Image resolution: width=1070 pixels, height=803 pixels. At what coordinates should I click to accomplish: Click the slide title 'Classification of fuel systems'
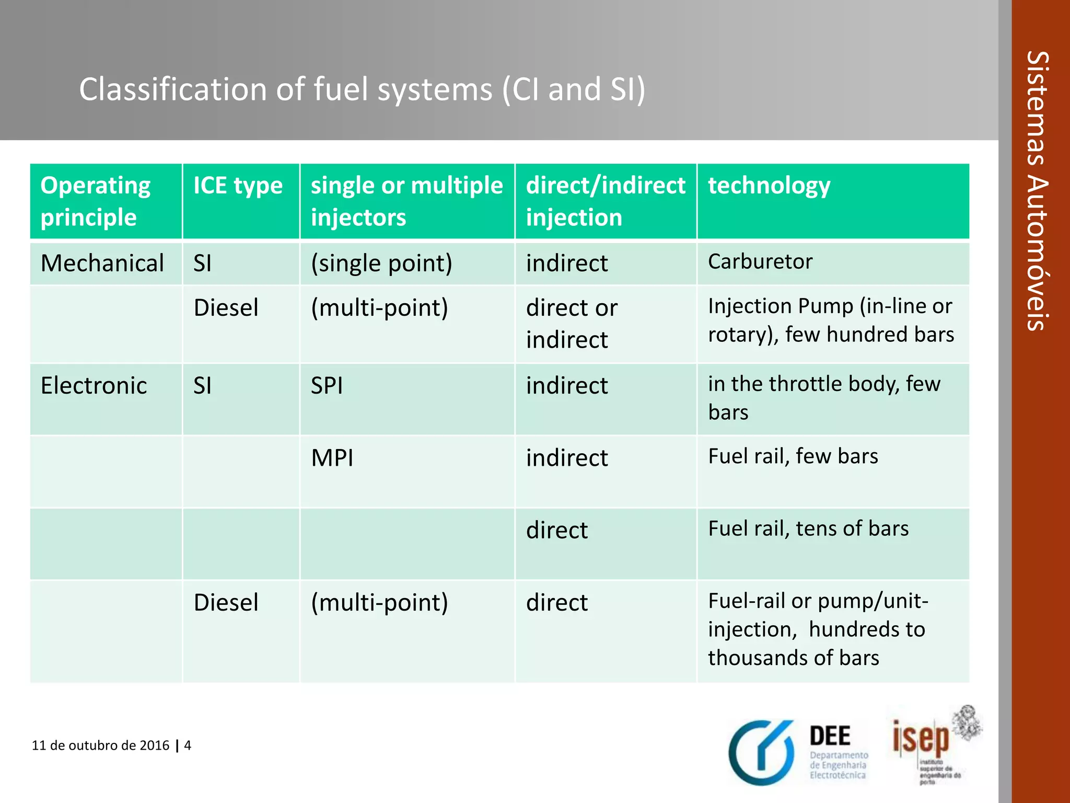362,89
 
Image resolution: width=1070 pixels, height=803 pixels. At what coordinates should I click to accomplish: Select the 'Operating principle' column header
96,201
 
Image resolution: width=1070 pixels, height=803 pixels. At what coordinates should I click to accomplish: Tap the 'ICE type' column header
238,186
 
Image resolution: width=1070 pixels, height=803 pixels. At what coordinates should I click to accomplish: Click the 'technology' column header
769,186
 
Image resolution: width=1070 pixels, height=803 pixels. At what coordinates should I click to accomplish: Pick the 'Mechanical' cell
102,263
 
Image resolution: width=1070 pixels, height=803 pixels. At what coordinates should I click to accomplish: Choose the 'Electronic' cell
94,386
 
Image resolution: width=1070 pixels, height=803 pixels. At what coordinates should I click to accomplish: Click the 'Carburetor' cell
760,261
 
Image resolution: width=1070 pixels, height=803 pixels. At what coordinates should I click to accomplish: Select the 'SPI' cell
327,386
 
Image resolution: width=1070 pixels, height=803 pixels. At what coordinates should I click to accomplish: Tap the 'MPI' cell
332,458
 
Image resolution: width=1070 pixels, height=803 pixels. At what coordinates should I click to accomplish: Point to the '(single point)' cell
381,263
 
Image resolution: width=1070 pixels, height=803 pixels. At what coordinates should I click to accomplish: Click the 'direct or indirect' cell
572,324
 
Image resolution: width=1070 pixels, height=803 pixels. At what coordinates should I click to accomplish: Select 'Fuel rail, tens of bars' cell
808,529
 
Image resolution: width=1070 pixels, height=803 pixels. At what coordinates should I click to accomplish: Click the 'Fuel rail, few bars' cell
793,456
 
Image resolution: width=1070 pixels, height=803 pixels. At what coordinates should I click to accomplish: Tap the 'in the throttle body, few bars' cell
824,398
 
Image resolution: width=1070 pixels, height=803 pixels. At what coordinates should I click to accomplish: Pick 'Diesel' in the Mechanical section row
226,307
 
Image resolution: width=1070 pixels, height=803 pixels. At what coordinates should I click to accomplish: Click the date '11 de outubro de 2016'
100,745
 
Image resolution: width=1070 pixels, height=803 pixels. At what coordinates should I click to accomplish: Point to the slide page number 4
188,745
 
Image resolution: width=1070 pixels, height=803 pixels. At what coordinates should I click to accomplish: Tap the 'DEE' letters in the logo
830,736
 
